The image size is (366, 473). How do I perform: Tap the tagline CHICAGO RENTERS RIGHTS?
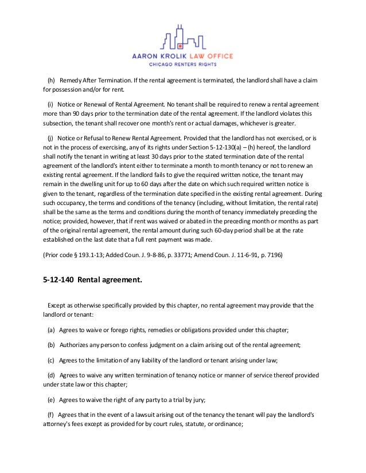point(182,65)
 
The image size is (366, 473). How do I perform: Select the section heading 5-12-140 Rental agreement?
point(88,281)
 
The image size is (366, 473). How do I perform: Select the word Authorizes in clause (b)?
point(75,345)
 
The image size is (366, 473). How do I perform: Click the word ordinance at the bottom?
point(228,424)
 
